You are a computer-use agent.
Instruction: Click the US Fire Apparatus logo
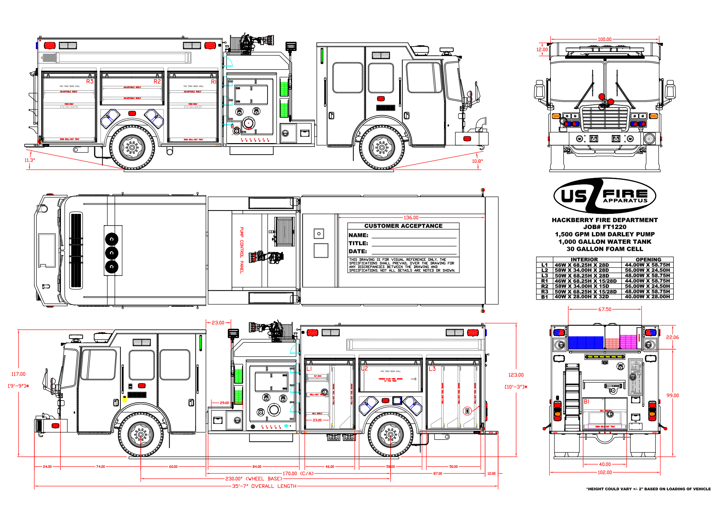pyautogui.click(x=605, y=196)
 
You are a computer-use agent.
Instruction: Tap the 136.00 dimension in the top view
pyautogui.click(x=411, y=218)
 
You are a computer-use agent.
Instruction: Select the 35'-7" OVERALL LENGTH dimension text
pyautogui.click(x=264, y=486)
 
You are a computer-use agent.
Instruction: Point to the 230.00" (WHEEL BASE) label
pyautogui.click(x=254, y=479)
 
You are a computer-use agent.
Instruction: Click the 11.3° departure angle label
pyautogui.click(x=30, y=160)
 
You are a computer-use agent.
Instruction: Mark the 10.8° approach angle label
pyautogui.click(x=477, y=161)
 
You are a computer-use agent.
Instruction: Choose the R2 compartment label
pyautogui.click(x=157, y=82)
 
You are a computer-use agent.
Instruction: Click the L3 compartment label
pyautogui.click(x=432, y=369)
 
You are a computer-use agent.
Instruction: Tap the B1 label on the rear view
pyautogui.click(x=586, y=402)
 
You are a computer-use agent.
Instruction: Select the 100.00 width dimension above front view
pyautogui.click(x=605, y=39)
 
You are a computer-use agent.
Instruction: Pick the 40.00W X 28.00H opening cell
pyautogui.click(x=647, y=297)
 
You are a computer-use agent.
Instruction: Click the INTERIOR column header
pyautogui.click(x=584, y=259)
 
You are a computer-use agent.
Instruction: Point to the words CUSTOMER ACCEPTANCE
pyautogui.click(x=403, y=226)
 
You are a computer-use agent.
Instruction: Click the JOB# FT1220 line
pyautogui.click(x=605, y=227)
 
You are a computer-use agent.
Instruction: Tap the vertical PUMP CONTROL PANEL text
pyautogui.click(x=242, y=250)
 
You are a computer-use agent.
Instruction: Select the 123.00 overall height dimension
pyautogui.click(x=516, y=375)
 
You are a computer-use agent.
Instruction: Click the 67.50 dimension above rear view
pyautogui.click(x=605, y=309)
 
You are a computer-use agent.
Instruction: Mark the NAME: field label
pyautogui.click(x=358, y=235)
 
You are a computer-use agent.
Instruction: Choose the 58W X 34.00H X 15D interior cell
pyautogui.click(x=582, y=286)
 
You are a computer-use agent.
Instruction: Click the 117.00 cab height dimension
pyautogui.click(x=18, y=374)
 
